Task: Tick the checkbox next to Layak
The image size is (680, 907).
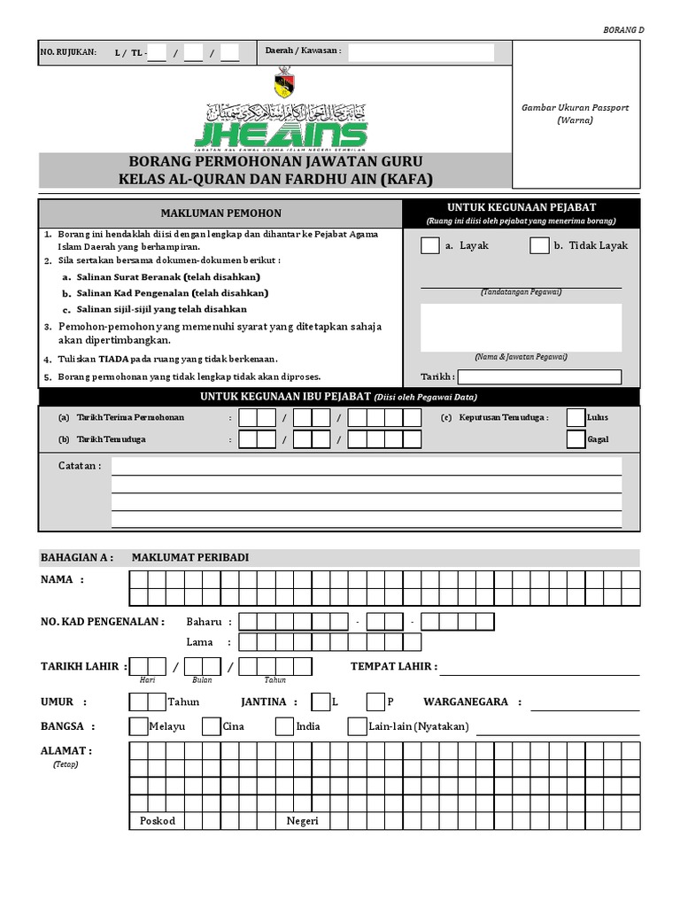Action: (x=429, y=245)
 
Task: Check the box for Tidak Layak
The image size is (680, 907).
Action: (x=539, y=245)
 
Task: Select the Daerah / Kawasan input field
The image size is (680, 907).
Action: (x=421, y=52)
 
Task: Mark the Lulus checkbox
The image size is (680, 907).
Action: (x=576, y=417)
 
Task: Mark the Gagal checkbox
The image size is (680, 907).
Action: (x=576, y=439)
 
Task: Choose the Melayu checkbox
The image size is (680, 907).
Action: (x=138, y=726)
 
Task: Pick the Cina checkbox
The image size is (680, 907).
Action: (x=211, y=726)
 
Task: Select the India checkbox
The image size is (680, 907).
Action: (x=283, y=726)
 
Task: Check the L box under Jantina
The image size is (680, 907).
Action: (x=321, y=702)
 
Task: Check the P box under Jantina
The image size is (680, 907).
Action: (x=375, y=702)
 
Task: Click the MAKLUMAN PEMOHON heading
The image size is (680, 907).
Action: (x=220, y=213)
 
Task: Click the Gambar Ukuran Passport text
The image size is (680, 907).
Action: (x=576, y=107)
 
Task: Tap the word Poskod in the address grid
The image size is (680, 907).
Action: (x=158, y=820)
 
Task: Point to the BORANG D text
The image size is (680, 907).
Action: (x=625, y=30)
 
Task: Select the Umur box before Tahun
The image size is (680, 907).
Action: (x=147, y=702)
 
